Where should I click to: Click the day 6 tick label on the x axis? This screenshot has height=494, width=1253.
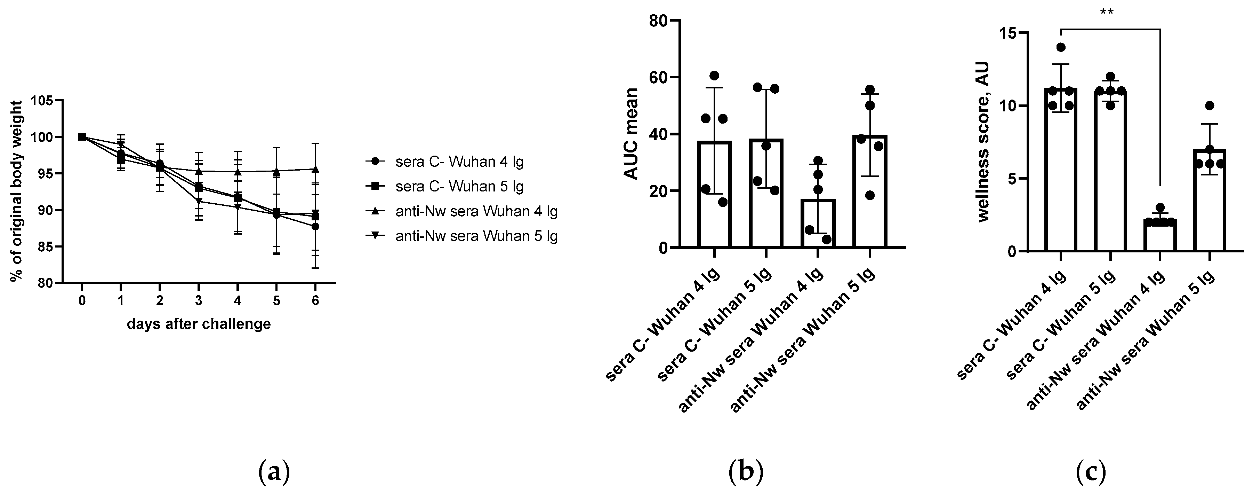click(315, 301)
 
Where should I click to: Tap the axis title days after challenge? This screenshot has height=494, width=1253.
click(199, 324)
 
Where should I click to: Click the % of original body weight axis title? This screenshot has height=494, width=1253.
click(17, 191)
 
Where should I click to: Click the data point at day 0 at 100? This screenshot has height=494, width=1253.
click(82, 137)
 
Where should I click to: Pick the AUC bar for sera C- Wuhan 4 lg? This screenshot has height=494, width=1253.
click(714, 194)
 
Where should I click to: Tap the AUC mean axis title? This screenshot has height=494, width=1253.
click(631, 134)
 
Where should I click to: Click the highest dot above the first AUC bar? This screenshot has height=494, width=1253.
click(714, 76)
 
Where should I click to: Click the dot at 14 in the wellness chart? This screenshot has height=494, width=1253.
click(1061, 47)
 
